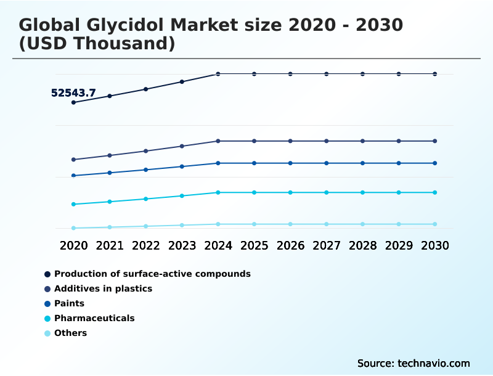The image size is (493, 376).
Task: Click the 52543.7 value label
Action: pyautogui.click(x=73, y=93)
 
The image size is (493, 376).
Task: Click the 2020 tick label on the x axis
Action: pyautogui.click(x=73, y=245)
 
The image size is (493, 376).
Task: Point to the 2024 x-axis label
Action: pyautogui.click(x=218, y=245)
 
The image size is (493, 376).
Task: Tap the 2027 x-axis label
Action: pyautogui.click(x=327, y=245)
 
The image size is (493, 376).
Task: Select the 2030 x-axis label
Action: pyautogui.click(x=435, y=245)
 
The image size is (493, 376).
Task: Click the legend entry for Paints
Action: pyautogui.click(x=69, y=303)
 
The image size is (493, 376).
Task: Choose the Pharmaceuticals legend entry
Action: pyautogui.click(x=94, y=318)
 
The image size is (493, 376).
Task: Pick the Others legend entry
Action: pyautogui.click(x=70, y=333)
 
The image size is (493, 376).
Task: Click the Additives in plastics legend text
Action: pyautogui.click(x=103, y=288)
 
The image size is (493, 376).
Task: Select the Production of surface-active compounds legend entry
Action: pyautogui.click(x=152, y=274)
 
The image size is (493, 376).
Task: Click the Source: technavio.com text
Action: pyautogui.click(x=414, y=363)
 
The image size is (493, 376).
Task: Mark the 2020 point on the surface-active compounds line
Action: pyautogui.click(x=73, y=102)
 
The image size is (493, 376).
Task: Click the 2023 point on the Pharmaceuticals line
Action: pyautogui.click(x=182, y=196)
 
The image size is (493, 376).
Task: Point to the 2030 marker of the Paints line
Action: pyautogui.click(x=435, y=163)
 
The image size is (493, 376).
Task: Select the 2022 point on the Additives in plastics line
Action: pyautogui.click(x=146, y=151)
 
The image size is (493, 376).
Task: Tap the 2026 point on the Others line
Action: pyautogui.click(x=290, y=224)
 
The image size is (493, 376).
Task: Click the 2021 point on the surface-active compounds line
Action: pyautogui.click(x=110, y=96)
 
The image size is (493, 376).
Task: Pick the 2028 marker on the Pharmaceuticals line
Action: pyautogui.click(x=363, y=192)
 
